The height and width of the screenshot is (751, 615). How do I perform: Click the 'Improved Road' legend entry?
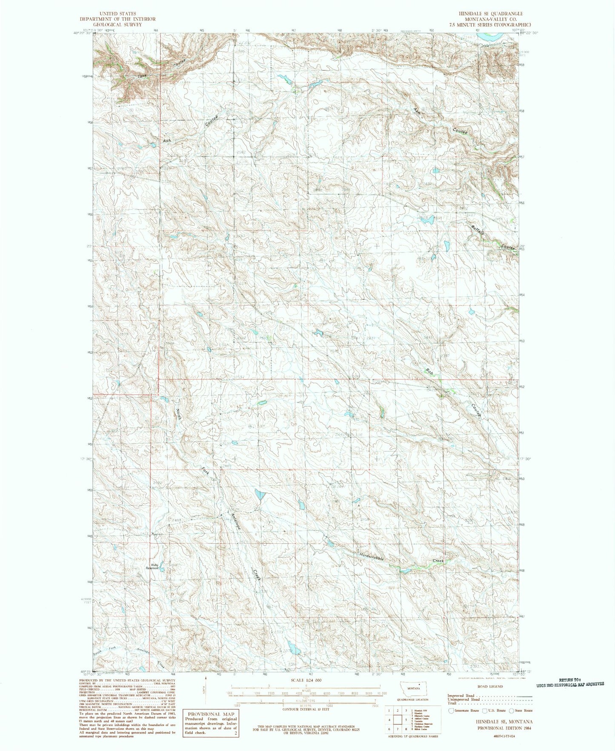461,695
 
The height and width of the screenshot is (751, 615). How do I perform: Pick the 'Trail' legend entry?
452,703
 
